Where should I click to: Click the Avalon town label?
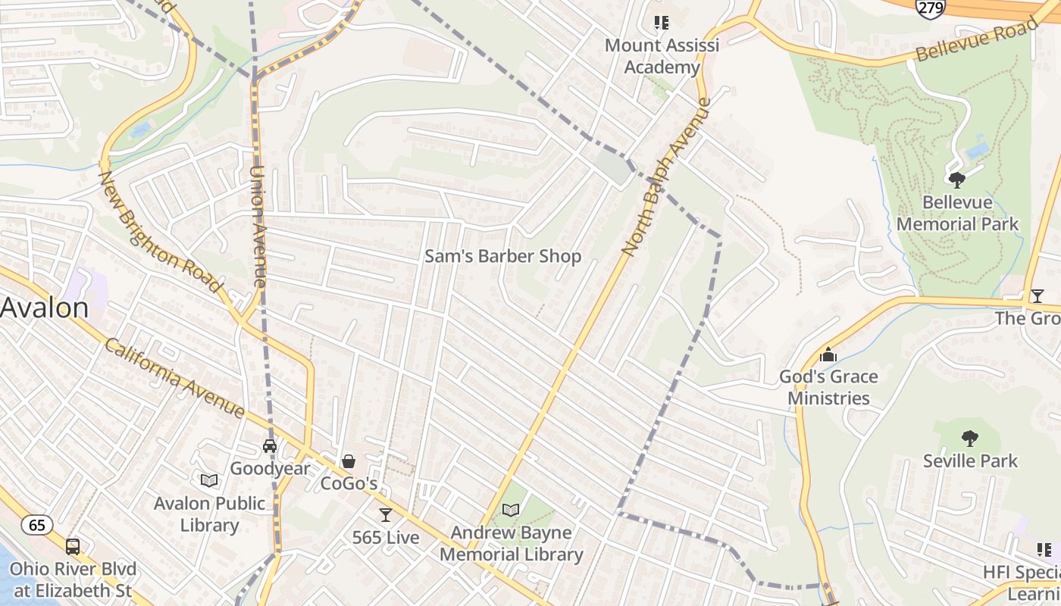pos(44,308)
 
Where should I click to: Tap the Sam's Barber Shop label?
pos(502,256)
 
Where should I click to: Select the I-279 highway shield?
pos(930,8)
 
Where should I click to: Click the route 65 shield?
pos(36,524)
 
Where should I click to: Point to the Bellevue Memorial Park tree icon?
pos(957,180)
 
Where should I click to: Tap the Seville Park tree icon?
pos(969,438)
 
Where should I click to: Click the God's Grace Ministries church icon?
pos(828,355)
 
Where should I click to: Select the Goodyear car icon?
pos(270,446)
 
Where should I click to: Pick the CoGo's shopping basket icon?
pos(349,461)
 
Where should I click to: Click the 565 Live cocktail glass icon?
pos(386,515)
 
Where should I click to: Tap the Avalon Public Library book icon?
pos(209,480)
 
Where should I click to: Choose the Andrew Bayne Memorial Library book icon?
pos(512,510)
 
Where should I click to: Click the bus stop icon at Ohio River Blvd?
pos(73,546)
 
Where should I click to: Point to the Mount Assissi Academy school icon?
pos(662,23)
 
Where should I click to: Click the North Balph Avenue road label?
pos(667,176)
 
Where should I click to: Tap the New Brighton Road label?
pos(160,232)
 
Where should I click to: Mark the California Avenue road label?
pos(174,377)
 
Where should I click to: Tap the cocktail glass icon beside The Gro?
pos(1037,295)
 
